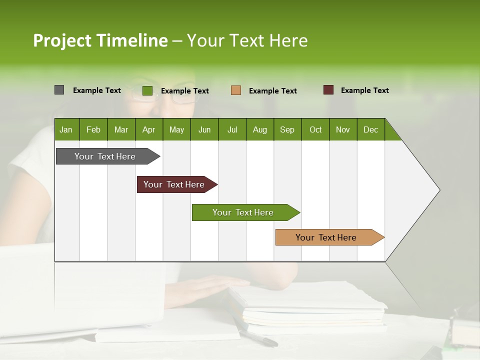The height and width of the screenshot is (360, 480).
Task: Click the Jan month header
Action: [66, 130]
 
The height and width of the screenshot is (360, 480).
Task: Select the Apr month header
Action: [148, 130]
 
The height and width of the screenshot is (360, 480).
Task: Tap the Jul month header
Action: [232, 130]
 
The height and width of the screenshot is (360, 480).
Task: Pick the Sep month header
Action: [287, 130]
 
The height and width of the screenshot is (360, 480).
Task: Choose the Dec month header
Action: [370, 130]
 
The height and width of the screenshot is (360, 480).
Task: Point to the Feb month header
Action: [93, 130]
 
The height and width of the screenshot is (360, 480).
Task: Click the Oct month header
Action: [315, 130]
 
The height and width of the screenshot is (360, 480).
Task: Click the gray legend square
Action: [59, 90]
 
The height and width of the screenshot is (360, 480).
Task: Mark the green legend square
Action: [147, 90]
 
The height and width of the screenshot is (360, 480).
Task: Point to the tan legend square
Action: [236, 90]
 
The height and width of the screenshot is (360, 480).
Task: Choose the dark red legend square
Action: [328, 90]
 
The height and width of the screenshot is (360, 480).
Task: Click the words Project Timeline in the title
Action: [100, 40]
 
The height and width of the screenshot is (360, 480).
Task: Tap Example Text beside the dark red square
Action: [364, 90]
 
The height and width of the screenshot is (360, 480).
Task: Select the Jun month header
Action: [204, 130]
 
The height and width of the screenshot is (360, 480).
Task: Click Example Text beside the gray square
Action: [96, 90]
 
